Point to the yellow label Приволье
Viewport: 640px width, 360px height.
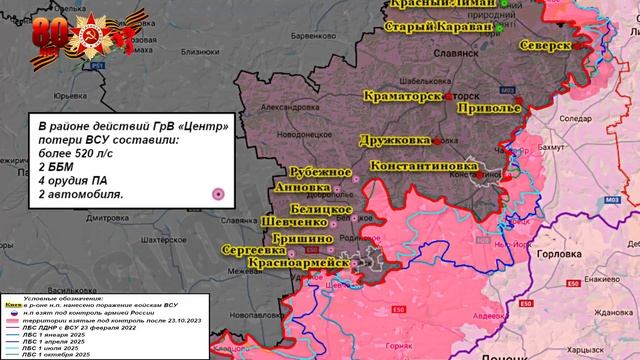click(486, 105)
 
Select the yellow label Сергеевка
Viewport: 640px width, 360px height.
click(252, 250)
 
